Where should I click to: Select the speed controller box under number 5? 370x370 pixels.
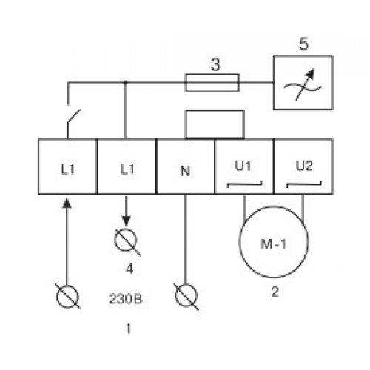pos(303,55)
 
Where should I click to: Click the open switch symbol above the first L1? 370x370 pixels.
pos(73,115)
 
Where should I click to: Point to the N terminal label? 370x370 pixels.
pos(186,171)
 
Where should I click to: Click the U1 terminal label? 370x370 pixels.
pos(243,166)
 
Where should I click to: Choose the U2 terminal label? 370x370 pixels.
pos(304,166)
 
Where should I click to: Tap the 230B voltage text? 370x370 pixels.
pos(126,299)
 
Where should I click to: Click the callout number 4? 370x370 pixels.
pos(129,269)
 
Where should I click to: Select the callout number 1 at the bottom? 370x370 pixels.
pos(128,329)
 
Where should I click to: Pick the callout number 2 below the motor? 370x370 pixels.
pos(275,292)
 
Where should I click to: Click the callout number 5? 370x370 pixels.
pos(303,44)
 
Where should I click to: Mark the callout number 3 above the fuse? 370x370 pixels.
pos(215,64)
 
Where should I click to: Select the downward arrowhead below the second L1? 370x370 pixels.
pos(127,221)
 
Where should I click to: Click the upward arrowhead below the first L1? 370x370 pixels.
pos(67,203)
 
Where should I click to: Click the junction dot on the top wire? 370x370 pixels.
pos(125,83)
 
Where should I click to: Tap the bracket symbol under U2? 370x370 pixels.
pos(304,184)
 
